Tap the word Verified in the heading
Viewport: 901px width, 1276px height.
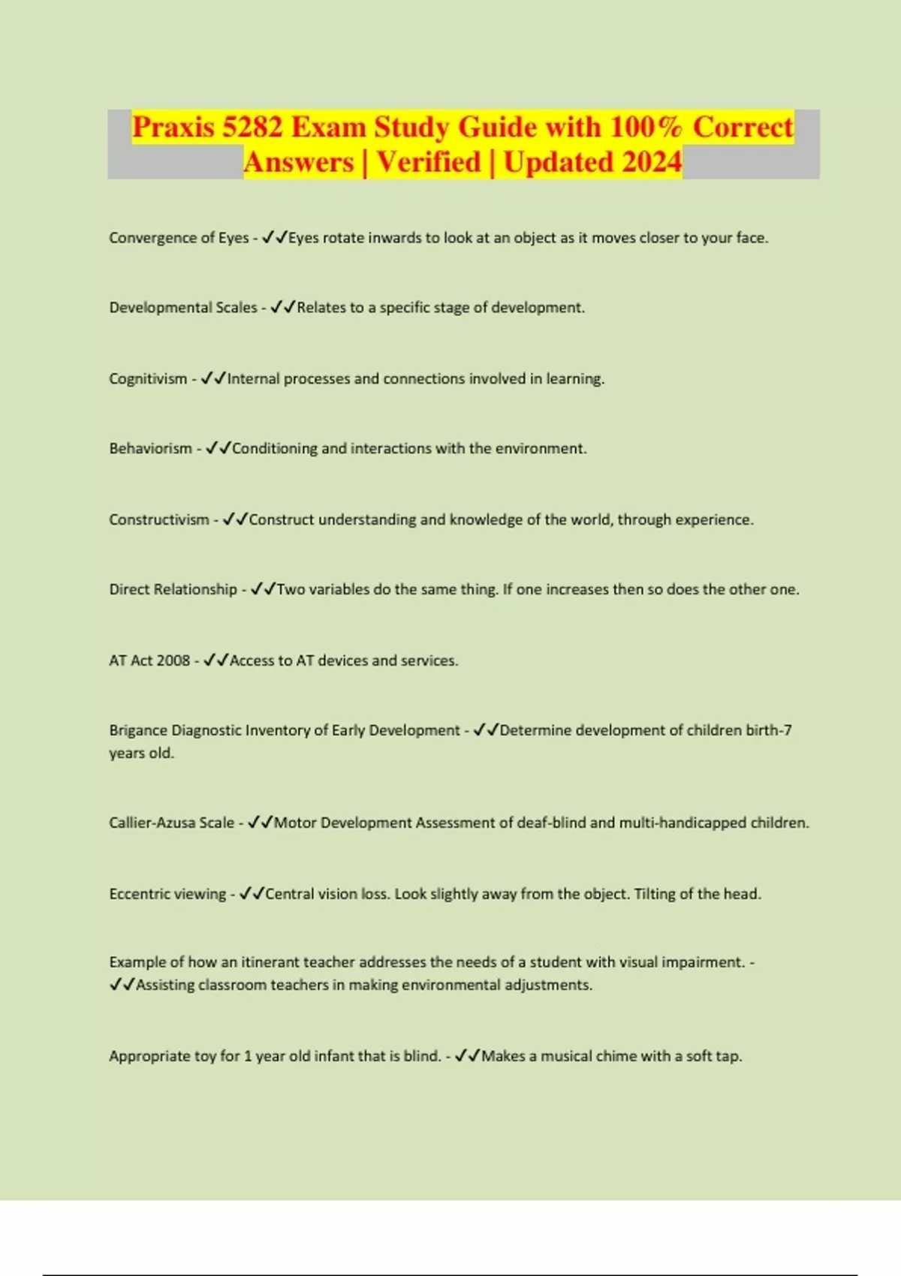point(429,162)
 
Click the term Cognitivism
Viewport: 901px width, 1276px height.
point(148,379)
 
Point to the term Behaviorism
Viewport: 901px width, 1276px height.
point(150,449)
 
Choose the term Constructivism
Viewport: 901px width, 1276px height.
point(159,519)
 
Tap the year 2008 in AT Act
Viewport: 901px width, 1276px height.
point(173,661)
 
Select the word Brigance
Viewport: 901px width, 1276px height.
point(137,730)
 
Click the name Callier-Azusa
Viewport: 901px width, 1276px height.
point(171,823)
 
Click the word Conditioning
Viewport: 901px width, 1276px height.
point(275,449)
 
